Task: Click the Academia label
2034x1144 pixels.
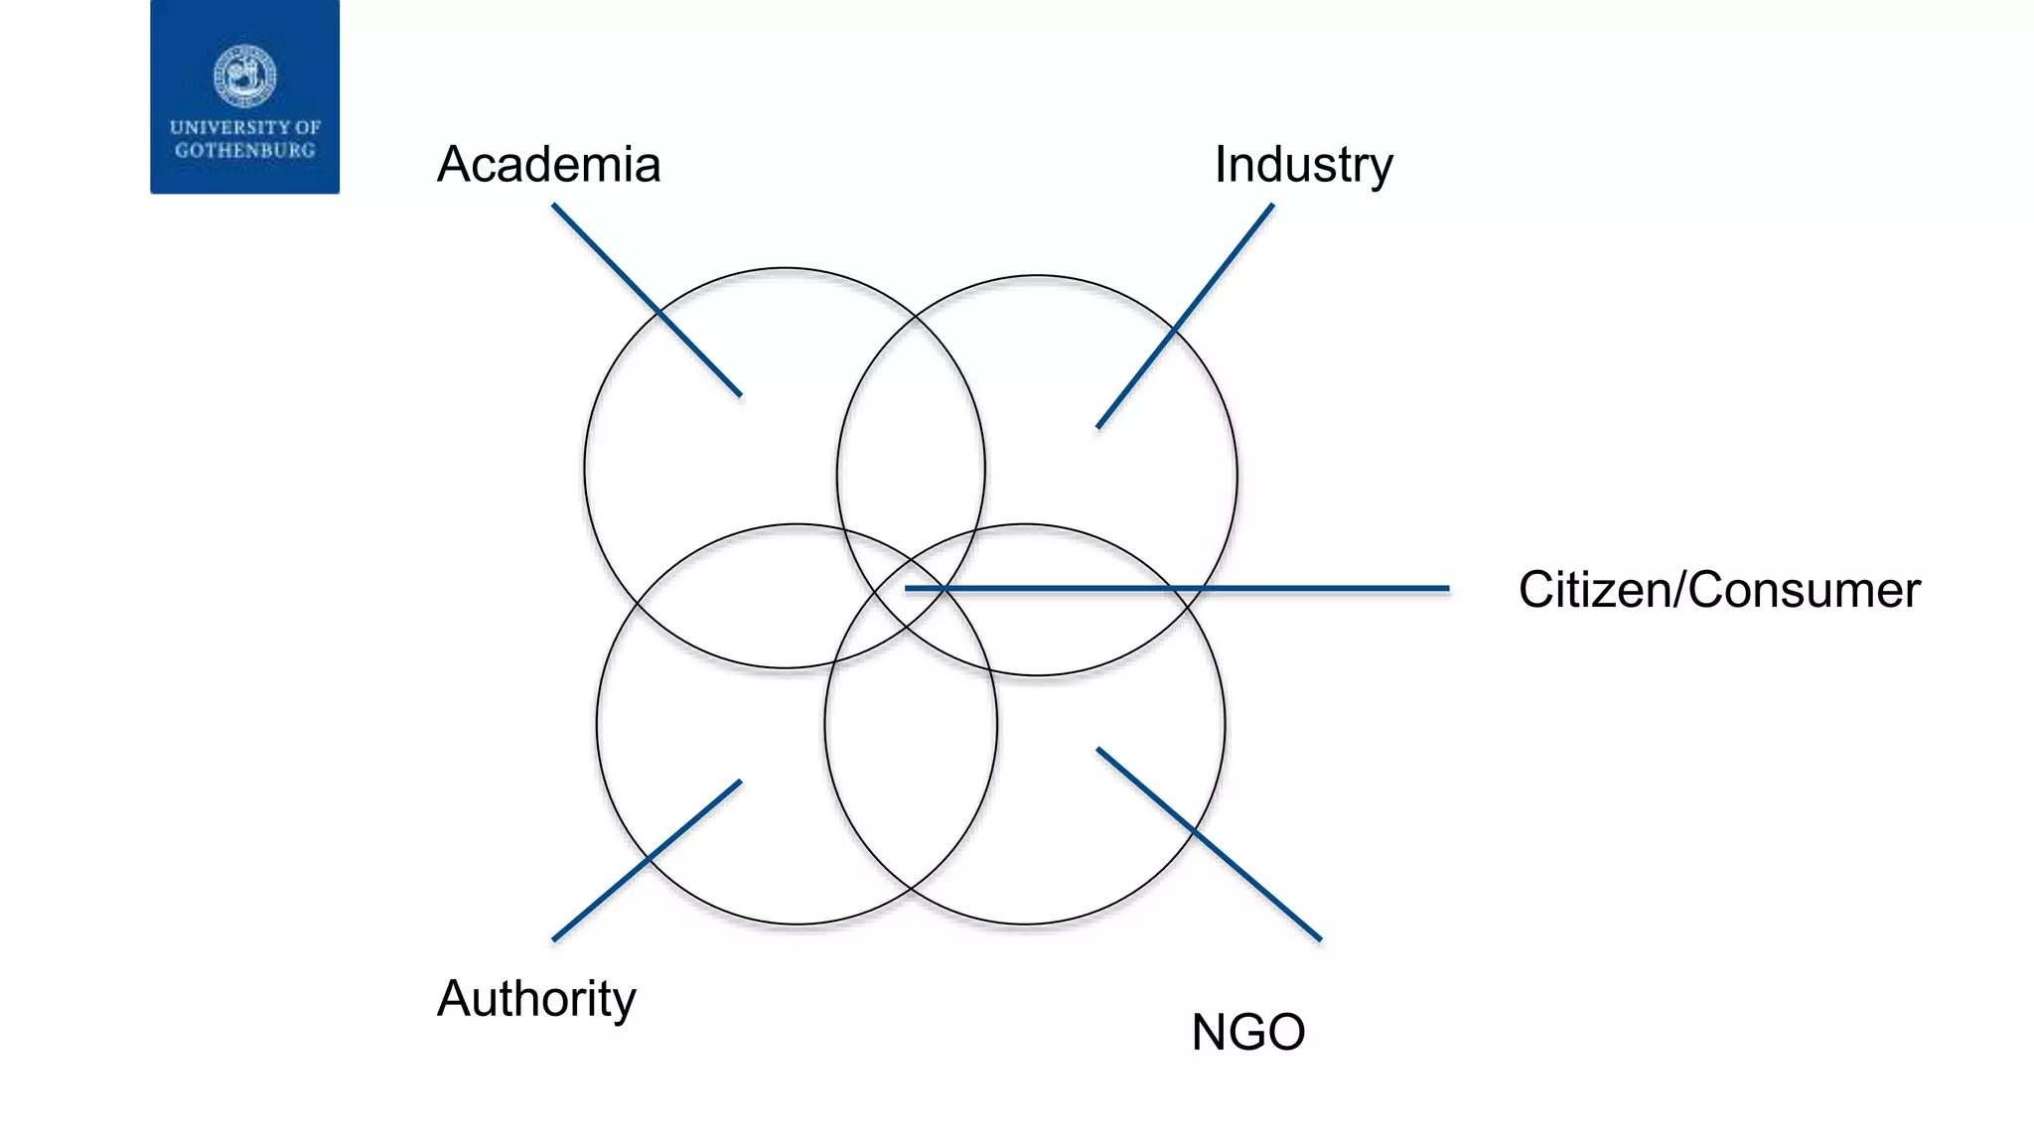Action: click(x=548, y=165)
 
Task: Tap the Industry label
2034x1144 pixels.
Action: click(x=1303, y=165)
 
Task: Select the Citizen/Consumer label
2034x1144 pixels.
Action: click(x=1718, y=590)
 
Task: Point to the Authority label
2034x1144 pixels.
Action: click(x=536, y=999)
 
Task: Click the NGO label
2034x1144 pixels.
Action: click(x=1247, y=1033)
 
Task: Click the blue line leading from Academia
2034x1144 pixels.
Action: click(x=646, y=299)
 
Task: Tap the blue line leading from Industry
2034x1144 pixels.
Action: click(x=1185, y=316)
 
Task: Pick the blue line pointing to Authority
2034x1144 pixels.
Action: click(x=646, y=860)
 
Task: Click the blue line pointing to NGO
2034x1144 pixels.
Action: click(x=1209, y=844)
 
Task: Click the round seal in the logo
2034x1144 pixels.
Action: click(x=244, y=75)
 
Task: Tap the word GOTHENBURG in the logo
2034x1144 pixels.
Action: click(x=244, y=151)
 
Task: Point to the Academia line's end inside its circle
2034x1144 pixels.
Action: click(x=739, y=394)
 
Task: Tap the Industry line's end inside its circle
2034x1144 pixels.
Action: click(x=1098, y=426)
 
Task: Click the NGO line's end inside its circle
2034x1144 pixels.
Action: click(x=1098, y=750)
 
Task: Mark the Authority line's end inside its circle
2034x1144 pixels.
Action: click(x=739, y=783)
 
